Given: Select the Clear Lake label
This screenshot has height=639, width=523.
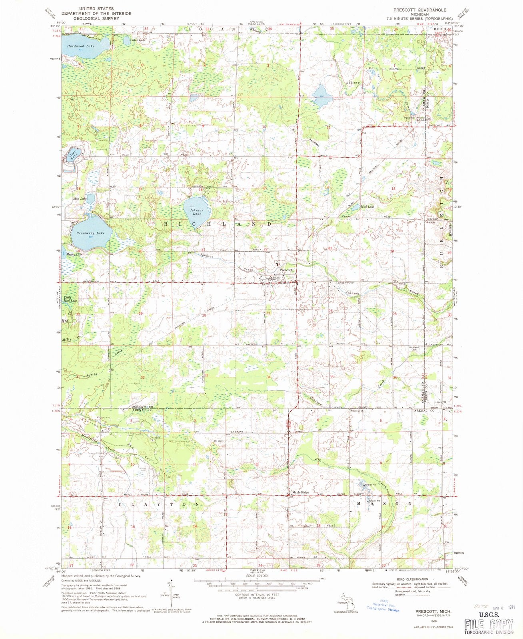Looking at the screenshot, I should coord(72,155).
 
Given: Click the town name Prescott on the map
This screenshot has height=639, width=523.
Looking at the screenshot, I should coord(286,270).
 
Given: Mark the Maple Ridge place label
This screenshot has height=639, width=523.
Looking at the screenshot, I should coord(300,492).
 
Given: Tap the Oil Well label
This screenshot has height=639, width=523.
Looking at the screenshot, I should coord(218,441).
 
